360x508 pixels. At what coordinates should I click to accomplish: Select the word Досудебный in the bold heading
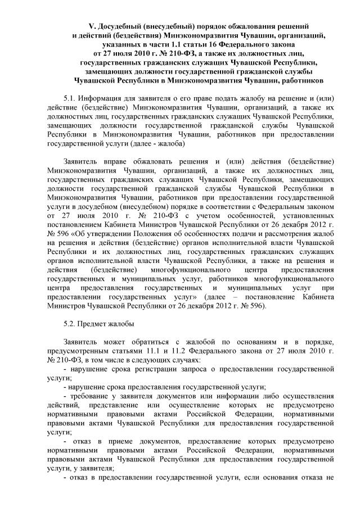point(123,26)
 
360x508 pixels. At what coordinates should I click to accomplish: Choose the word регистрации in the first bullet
point(165,369)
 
